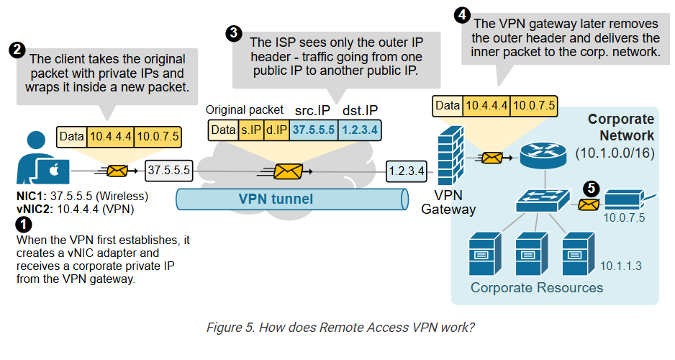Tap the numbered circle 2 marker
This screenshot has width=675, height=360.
tap(16, 50)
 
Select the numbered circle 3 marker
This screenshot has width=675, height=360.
tap(233, 32)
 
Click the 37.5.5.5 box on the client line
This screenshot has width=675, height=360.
tap(168, 170)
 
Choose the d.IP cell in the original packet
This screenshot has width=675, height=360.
tap(276, 130)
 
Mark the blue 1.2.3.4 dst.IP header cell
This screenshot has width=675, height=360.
tap(360, 130)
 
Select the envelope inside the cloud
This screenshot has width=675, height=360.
tap(288, 171)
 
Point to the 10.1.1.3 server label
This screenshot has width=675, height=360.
tap(622, 266)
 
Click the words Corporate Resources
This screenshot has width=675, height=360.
tap(536, 288)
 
